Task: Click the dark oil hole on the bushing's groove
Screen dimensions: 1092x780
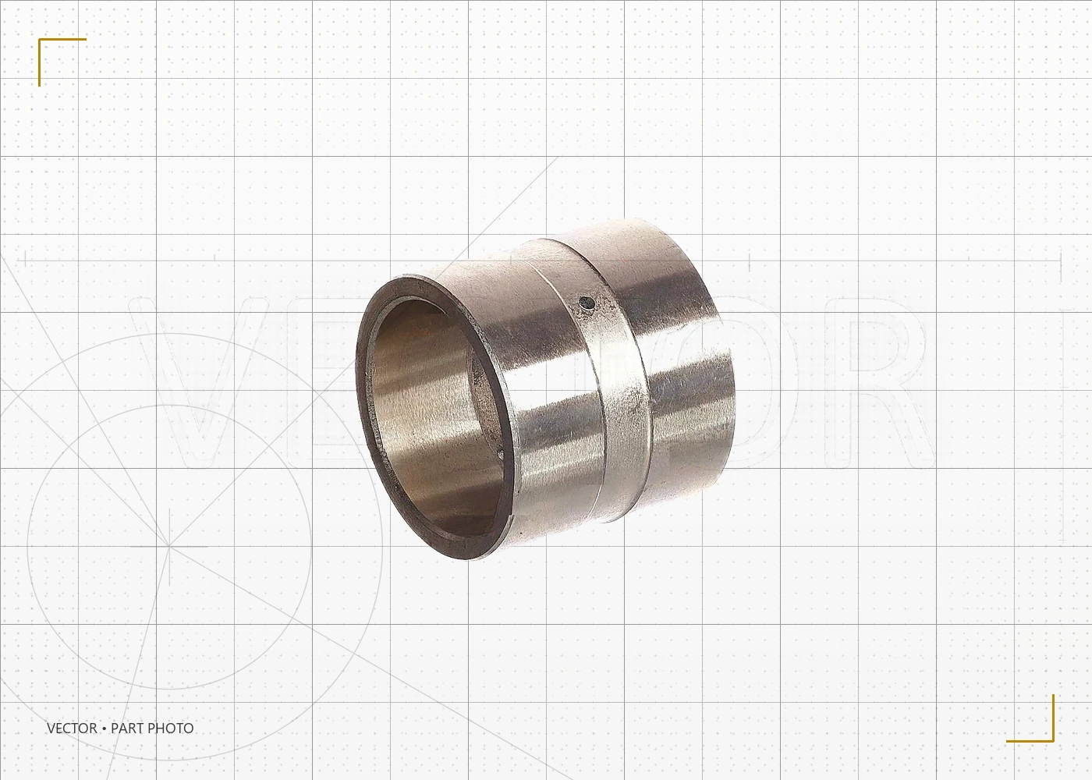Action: (x=586, y=303)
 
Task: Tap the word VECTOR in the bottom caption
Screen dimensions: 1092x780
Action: (x=72, y=729)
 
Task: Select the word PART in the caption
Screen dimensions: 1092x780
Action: (x=127, y=729)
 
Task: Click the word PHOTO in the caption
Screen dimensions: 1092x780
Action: (x=171, y=729)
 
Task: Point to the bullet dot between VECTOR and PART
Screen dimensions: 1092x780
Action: (x=105, y=729)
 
